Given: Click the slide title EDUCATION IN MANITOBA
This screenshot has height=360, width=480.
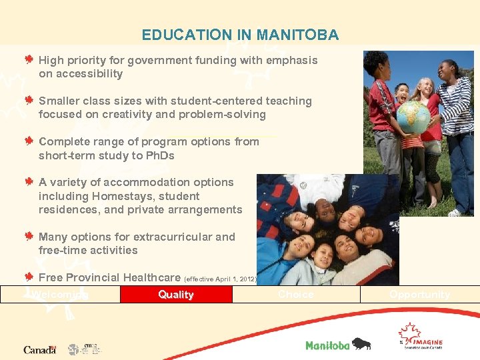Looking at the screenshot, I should point(240,35).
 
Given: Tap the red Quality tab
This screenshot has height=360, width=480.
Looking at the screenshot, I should point(176,294).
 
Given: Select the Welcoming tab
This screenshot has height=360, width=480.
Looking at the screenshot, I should point(60,294).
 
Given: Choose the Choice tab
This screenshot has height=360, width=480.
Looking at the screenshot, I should point(296,294).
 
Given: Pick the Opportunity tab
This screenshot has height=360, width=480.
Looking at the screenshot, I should point(419,294).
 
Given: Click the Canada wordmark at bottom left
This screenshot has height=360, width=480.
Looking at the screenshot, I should point(39,349).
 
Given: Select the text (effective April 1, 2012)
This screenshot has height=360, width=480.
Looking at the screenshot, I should point(220,279).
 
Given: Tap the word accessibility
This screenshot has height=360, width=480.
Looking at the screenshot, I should point(81,74).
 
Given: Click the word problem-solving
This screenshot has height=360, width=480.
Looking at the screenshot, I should point(228,115).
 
